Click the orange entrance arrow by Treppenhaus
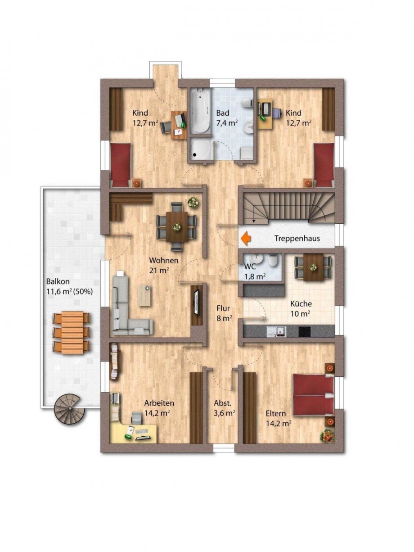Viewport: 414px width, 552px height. [x=246, y=238]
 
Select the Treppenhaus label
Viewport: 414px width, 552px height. [x=297, y=238]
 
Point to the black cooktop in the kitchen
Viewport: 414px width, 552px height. [x=304, y=331]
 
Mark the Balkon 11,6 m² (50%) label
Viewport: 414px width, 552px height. [x=69, y=286]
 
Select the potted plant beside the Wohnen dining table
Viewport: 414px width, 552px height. [x=193, y=203]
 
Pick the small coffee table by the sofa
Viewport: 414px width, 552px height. [x=144, y=295]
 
